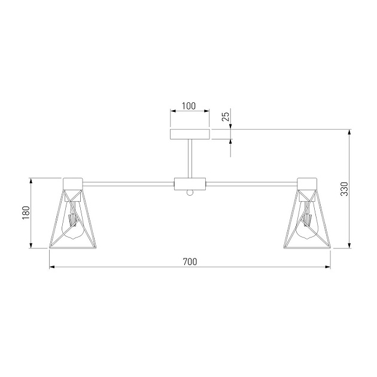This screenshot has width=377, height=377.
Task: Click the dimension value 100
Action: click(x=189, y=106)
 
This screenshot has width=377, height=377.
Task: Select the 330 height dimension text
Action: click(x=343, y=189)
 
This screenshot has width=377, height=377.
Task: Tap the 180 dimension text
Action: click(x=25, y=212)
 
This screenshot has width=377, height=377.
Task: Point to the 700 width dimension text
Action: click(x=189, y=262)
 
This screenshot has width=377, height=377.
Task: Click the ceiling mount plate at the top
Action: click(x=190, y=134)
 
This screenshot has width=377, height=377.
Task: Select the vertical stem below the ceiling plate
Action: click(x=190, y=159)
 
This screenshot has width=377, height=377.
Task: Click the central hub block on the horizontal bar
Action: click(x=190, y=183)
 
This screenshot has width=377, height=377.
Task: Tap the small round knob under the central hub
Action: click(x=190, y=192)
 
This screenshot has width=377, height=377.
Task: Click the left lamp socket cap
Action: click(x=72, y=183)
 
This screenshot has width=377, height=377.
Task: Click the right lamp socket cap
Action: click(x=306, y=183)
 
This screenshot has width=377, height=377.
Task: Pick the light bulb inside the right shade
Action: click(x=306, y=224)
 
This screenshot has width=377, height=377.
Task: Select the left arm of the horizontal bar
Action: click(x=127, y=183)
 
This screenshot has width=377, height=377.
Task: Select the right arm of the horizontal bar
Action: click(x=251, y=183)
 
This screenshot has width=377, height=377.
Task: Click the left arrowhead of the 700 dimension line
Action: click(x=51, y=267)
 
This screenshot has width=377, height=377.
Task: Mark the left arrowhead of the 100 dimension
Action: click(x=173, y=111)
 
